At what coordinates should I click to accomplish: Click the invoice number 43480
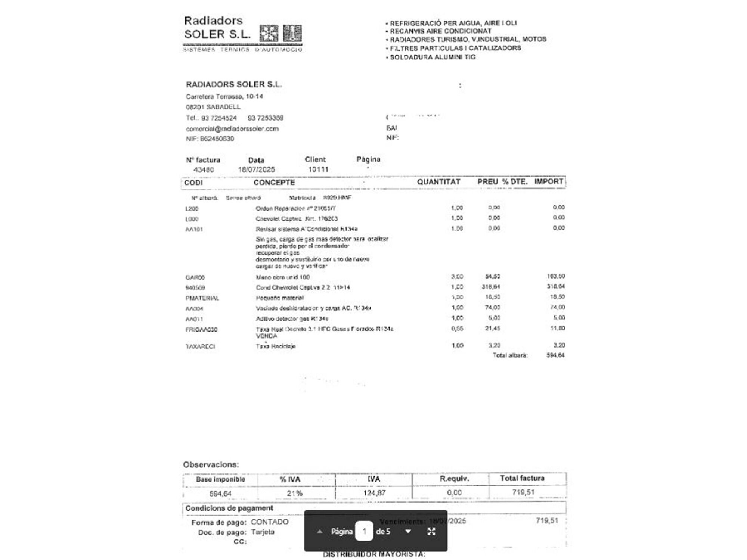click(x=204, y=170)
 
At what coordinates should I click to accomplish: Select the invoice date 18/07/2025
click(x=256, y=169)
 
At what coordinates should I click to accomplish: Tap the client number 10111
click(x=318, y=169)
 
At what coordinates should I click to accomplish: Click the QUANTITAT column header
click(x=438, y=182)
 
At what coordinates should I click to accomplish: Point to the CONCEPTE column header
click(x=274, y=182)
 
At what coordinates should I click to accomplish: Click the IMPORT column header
click(x=548, y=181)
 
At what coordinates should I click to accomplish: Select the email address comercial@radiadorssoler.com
click(x=232, y=129)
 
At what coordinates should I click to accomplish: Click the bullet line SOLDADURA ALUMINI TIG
click(x=433, y=57)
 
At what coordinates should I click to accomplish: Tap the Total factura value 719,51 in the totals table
click(x=523, y=492)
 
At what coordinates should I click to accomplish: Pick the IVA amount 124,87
click(x=374, y=493)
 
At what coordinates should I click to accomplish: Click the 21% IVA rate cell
click(x=294, y=493)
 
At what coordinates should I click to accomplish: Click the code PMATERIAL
click(x=202, y=298)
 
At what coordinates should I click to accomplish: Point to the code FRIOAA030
click(x=201, y=330)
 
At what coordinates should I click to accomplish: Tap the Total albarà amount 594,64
click(x=555, y=355)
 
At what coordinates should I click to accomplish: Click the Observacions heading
click(x=211, y=465)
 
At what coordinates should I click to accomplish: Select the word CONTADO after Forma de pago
click(x=270, y=522)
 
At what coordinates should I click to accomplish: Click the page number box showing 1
click(x=364, y=531)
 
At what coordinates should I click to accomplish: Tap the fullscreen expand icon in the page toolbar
click(x=431, y=531)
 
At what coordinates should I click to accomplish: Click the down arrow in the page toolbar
click(x=408, y=531)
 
